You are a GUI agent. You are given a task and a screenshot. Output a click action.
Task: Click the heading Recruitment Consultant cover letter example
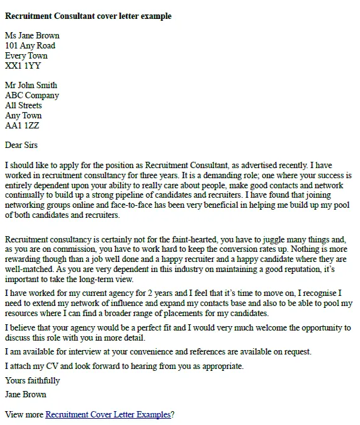[x=87, y=16]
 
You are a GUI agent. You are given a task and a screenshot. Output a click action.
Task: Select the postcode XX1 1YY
[x=22, y=65]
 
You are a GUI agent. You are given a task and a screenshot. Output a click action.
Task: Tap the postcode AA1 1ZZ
[x=22, y=125]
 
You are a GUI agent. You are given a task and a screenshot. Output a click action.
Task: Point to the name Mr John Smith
[x=31, y=85]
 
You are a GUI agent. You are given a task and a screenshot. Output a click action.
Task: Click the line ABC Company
[x=32, y=95]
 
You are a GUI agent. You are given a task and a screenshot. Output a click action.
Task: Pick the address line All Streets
[x=23, y=105]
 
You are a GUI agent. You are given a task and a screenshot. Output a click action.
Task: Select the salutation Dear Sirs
[x=21, y=145]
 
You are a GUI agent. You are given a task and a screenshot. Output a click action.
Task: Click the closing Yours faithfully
[x=32, y=380]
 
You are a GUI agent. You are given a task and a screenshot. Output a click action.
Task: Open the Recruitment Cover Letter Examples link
[x=108, y=414]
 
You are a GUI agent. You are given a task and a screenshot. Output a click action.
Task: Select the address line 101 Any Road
[x=30, y=45]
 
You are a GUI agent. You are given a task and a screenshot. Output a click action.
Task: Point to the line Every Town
[x=26, y=55]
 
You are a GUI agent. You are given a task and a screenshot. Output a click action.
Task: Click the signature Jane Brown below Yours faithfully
[x=25, y=395]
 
